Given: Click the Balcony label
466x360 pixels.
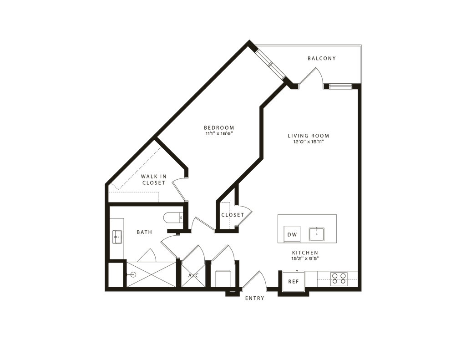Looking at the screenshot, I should click(x=321, y=59).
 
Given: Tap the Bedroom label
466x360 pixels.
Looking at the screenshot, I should click(x=218, y=130).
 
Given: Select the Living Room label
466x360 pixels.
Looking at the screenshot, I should click(x=308, y=138).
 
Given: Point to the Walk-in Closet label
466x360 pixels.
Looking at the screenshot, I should click(x=152, y=179).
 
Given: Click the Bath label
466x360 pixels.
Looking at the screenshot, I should click(x=143, y=233).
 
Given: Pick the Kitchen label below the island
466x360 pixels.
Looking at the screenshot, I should click(x=305, y=254).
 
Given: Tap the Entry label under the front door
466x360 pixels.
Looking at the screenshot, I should click(x=254, y=299).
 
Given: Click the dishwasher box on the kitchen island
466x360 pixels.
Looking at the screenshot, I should click(x=292, y=234).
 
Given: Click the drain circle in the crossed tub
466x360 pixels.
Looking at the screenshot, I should click(x=133, y=274).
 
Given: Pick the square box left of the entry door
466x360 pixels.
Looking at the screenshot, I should click(x=222, y=279).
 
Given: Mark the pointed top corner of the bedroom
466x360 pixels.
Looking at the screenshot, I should click(x=249, y=42).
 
